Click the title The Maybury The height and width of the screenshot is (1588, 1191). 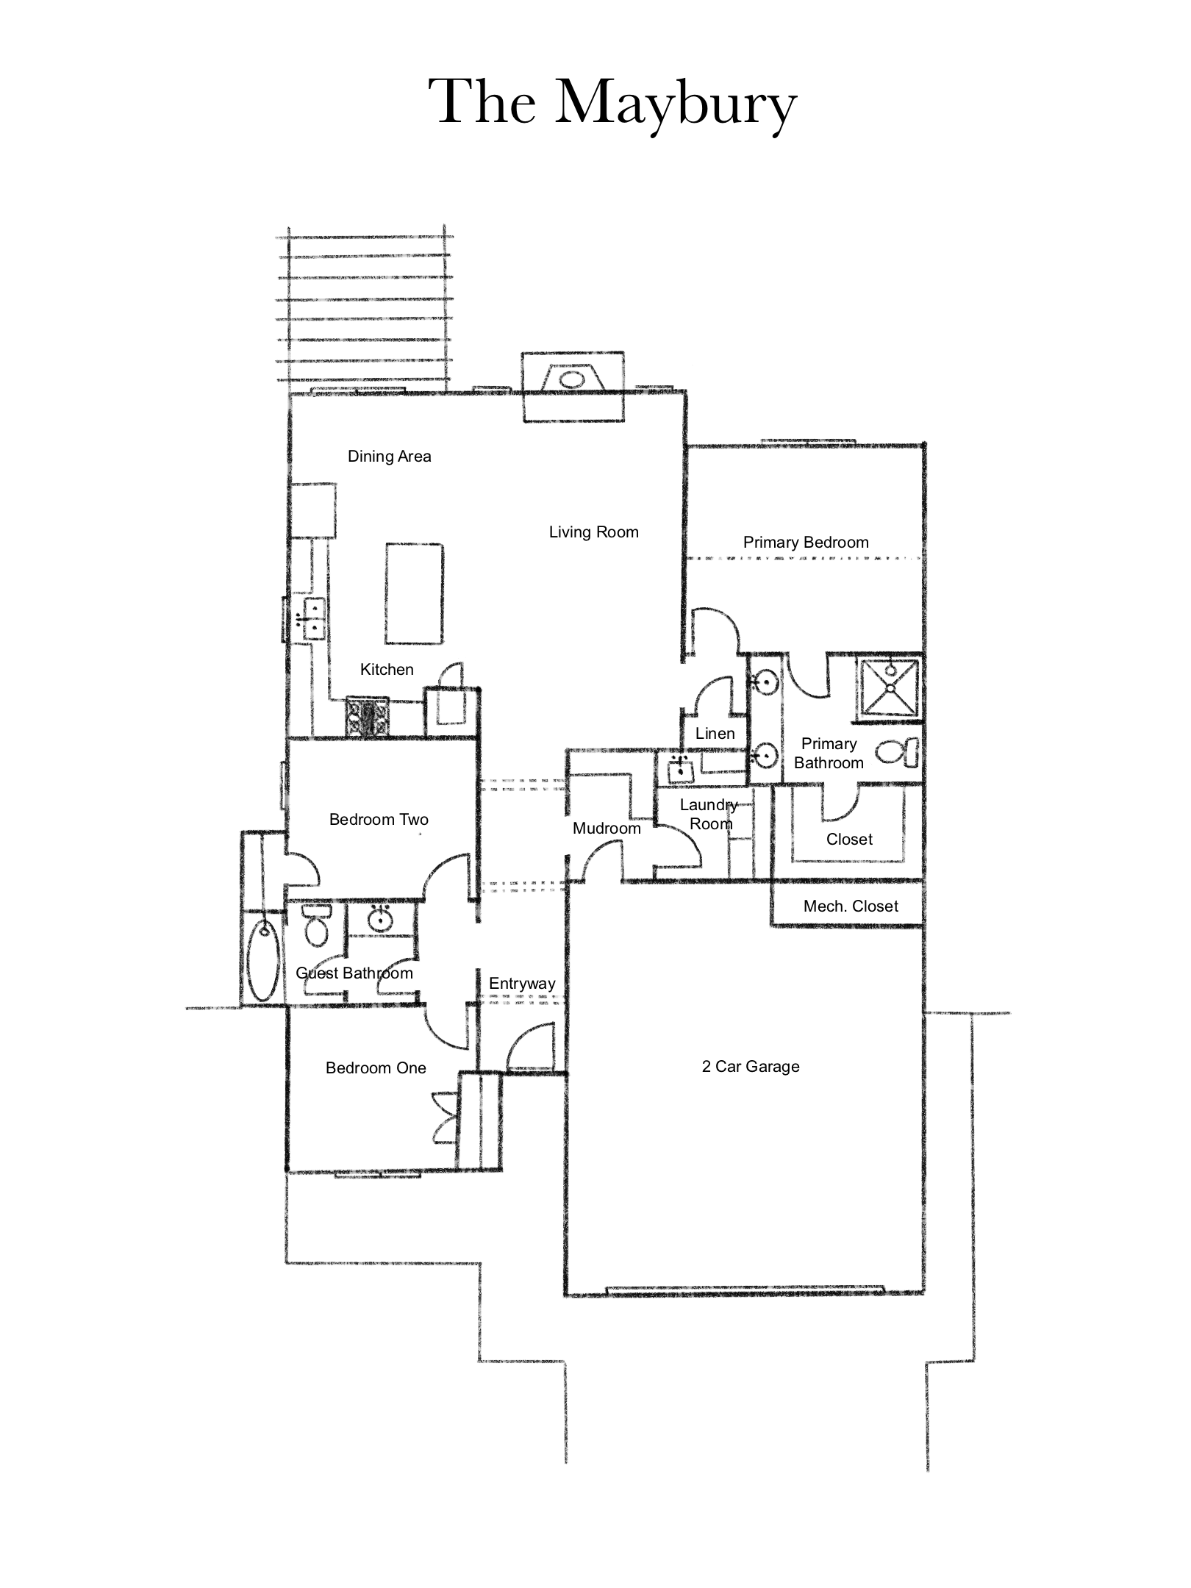pyautogui.click(x=612, y=104)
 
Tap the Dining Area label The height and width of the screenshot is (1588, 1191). pyautogui.click(x=389, y=457)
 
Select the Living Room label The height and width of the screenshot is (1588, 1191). pyautogui.click(x=594, y=532)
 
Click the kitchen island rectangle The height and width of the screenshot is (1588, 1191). pyautogui.click(x=413, y=593)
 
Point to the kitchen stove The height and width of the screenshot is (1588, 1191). pyautogui.click(x=368, y=718)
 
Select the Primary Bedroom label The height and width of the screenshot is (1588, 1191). pyautogui.click(x=806, y=543)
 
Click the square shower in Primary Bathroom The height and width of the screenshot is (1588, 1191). pyautogui.click(x=890, y=686)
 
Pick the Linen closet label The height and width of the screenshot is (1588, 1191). pyautogui.click(x=715, y=734)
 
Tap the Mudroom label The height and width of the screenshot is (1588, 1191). pyautogui.click(x=607, y=829)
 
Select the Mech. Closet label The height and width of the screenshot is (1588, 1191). pyautogui.click(x=851, y=906)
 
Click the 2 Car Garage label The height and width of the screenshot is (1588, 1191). pyautogui.click(x=751, y=1067)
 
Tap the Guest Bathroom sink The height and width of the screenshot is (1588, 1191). pyautogui.click(x=380, y=919)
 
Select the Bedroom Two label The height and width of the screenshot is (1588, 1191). pyautogui.click(x=379, y=820)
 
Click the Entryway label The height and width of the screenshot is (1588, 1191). pyautogui.click(x=522, y=984)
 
